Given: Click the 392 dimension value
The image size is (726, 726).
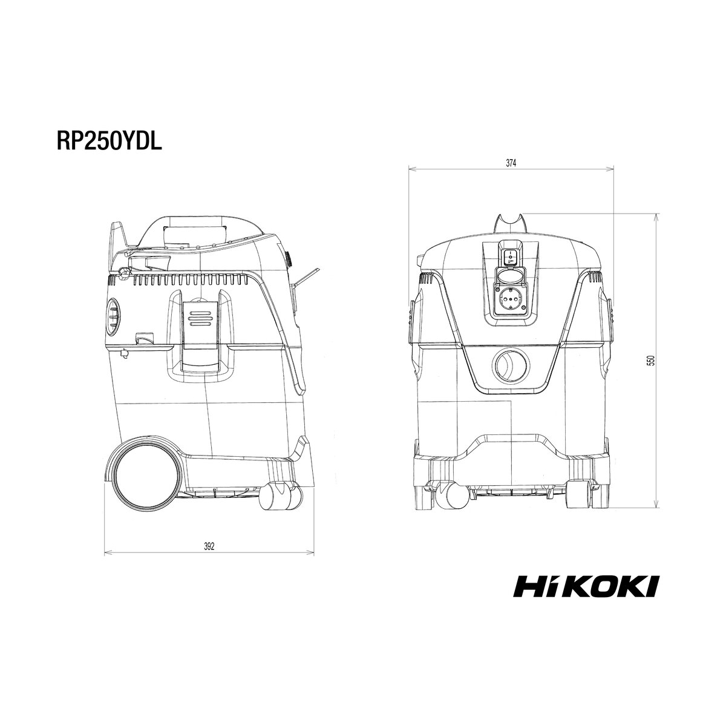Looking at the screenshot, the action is click(x=209, y=546).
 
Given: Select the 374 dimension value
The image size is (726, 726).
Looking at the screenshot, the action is click(x=511, y=163).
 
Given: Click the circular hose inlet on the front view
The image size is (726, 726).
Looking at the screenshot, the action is click(x=511, y=366).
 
